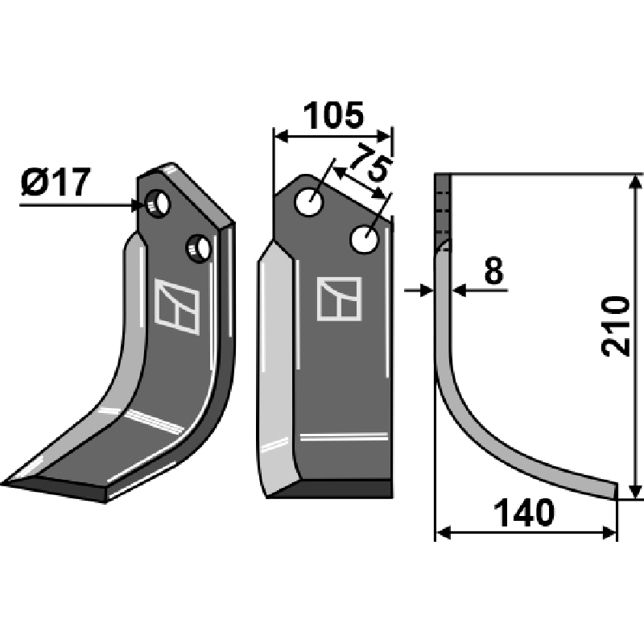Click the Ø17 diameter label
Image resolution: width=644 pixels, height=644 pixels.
click(x=56, y=183)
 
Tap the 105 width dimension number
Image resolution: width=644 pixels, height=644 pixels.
click(x=333, y=115)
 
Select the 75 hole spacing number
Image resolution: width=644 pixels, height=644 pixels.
click(x=370, y=162)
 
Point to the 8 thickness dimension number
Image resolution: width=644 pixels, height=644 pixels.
click(x=493, y=271)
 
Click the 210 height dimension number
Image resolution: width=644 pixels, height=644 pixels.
click(x=615, y=326)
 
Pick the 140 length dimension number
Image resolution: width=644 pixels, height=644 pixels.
click(x=524, y=513)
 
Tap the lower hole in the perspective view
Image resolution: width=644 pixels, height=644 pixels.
click(x=199, y=249)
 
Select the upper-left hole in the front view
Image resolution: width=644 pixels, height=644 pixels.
click(x=309, y=202)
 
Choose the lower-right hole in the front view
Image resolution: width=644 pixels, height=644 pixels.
click(x=365, y=239)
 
